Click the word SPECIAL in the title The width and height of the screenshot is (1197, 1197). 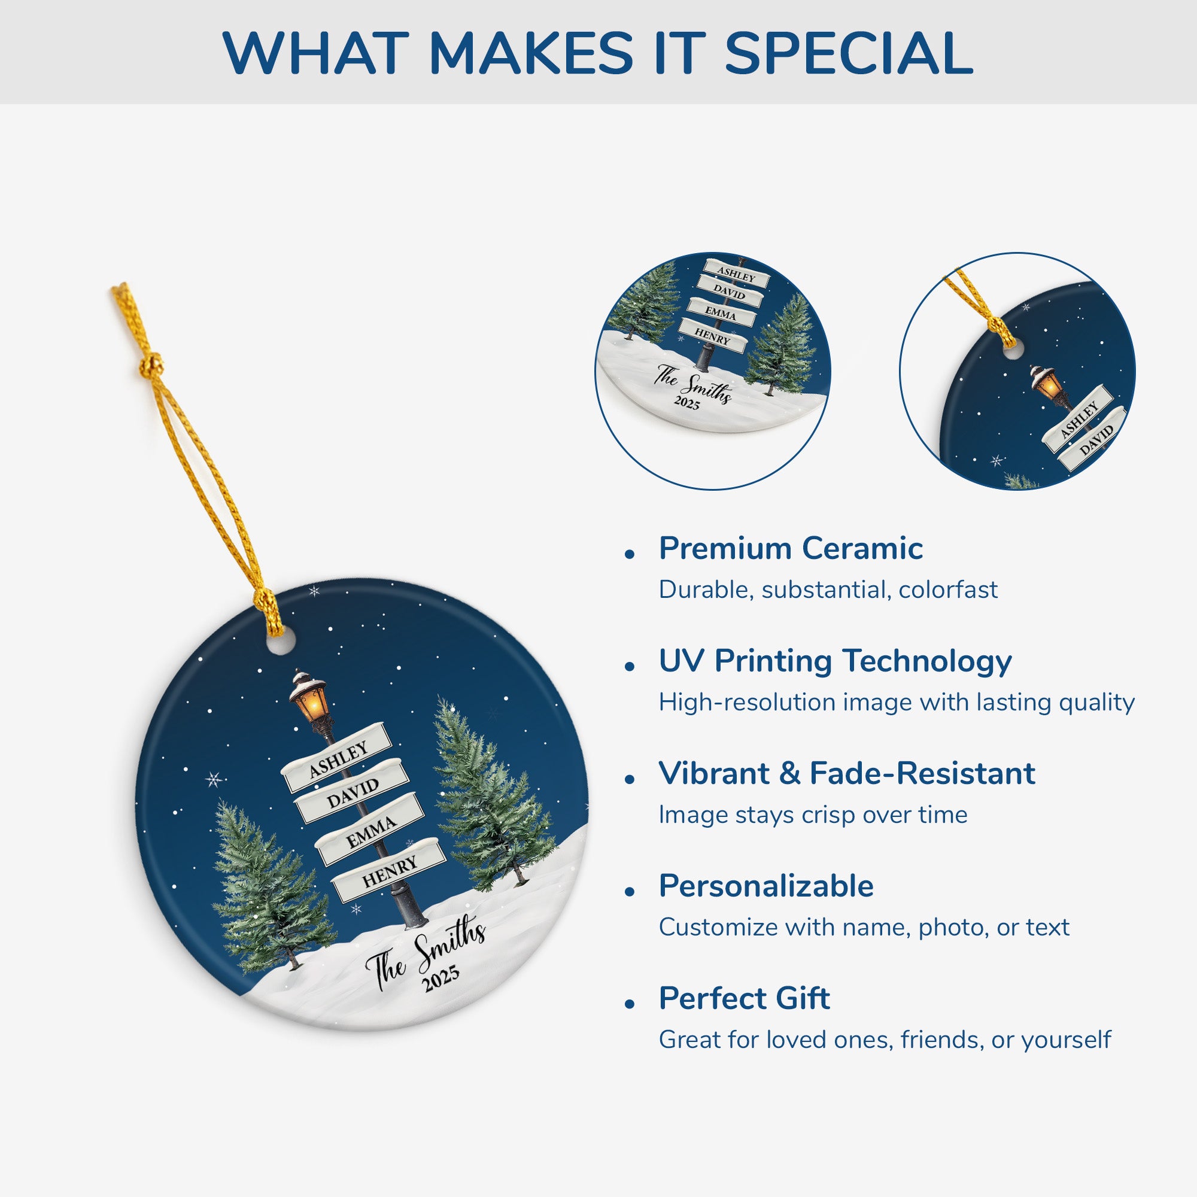(x=848, y=53)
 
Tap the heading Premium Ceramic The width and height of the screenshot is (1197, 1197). (x=791, y=548)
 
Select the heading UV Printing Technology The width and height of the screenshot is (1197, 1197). (x=835, y=661)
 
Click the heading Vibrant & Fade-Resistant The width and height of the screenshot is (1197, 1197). (x=847, y=773)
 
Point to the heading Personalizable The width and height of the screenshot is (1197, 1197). (x=767, y=886)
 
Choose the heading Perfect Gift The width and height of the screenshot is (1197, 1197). (x=745, y=998)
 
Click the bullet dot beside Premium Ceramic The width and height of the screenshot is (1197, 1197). (x=630, y=554)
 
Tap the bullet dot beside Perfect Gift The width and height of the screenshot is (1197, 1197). (x=630, y=1004)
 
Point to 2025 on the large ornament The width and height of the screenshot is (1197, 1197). (x=441, y=978)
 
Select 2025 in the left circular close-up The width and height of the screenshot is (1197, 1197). (x=687, y=403)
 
